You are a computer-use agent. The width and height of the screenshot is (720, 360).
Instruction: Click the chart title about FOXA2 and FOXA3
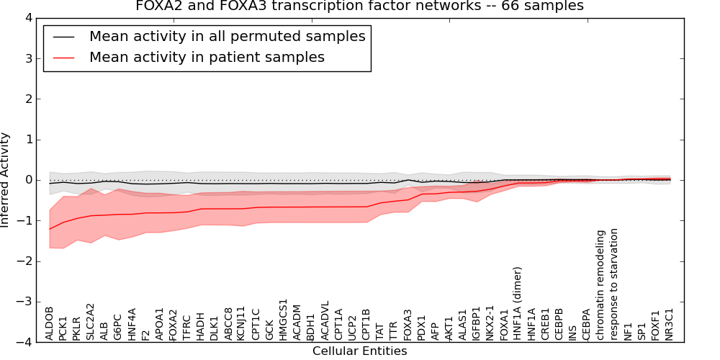359,6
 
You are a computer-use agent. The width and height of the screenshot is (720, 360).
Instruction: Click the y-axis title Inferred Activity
6,180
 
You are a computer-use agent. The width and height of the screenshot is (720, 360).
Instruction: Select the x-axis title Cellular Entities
359,351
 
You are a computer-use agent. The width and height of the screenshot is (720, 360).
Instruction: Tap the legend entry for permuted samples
227,36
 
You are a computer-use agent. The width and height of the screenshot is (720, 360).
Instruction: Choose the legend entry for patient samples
207,57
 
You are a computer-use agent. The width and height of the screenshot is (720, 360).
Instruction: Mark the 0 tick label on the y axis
30,180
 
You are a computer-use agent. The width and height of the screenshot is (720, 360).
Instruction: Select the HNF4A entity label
132,324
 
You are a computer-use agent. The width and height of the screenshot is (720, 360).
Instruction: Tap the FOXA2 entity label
173,324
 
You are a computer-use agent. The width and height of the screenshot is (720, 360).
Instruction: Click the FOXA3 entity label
408,324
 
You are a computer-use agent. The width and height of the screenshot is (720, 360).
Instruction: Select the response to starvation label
614,284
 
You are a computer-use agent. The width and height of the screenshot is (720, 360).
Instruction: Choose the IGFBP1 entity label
476,323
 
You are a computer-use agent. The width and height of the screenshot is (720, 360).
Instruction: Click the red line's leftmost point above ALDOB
50,229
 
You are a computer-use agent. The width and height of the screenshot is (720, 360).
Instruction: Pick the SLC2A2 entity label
91,322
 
